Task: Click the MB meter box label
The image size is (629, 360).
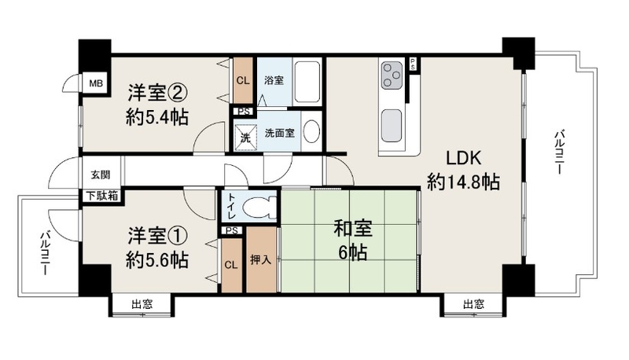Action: coord(96,83)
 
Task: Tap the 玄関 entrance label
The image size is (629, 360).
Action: coord(101,174)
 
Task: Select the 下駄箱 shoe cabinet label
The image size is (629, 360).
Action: coord(102,196)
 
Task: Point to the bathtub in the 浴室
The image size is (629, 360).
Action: coord(307,82)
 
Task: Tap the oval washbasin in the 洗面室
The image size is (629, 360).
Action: coord(311,131)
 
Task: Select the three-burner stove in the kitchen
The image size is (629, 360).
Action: coord(392,75)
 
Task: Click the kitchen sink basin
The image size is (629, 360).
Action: coord(392,126)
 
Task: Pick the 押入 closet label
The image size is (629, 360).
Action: coord(261,260)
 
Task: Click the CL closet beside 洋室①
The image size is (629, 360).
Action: coord(231,265)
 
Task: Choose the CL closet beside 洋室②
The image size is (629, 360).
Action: coord(243,81)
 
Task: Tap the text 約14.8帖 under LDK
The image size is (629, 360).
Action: coord(463,182)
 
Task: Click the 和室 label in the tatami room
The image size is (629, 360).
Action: coord(353,229)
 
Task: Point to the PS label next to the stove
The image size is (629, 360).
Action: coord(412,64)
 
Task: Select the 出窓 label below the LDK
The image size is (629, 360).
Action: coord(473,304)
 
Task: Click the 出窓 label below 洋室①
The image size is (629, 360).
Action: coord(142,304)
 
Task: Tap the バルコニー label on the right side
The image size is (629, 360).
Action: coord(560,151)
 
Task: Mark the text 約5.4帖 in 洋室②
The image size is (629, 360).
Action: coord(156,117)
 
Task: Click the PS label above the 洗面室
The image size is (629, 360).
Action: coord(243,112)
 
